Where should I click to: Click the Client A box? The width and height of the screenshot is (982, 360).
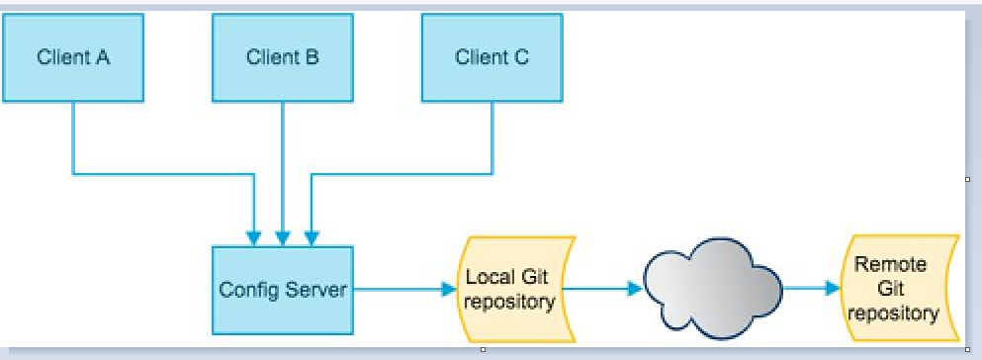point(73,57)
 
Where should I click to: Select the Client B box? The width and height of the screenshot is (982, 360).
point(283,57)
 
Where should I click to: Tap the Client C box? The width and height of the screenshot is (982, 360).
point(491,57)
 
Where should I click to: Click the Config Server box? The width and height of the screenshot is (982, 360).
point(283,290)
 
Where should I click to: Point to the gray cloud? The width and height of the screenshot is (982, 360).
point(713,289)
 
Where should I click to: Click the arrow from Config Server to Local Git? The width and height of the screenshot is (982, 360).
point(404,289)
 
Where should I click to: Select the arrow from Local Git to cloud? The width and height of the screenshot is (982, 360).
point(602,289)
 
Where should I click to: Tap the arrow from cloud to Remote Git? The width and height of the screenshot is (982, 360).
point(812,288)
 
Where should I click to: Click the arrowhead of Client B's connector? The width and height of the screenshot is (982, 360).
point(283,238)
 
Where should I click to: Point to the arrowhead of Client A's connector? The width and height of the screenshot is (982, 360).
point(253,238)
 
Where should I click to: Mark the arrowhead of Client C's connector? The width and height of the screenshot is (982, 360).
point(312,238)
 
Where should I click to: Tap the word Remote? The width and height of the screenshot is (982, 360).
point(892,264)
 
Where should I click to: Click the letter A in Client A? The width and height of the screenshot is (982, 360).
point(102,57)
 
